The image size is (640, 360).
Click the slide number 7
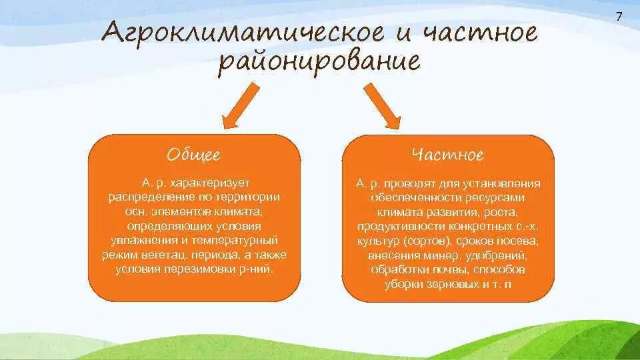click(x=618, y=17)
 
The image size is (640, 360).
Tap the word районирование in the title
click(x=320, y=63)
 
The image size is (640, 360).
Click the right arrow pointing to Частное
click(x=383, y=107)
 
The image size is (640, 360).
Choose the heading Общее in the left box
click(x=194, y=155)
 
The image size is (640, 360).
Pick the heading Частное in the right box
click(x=447, y=155)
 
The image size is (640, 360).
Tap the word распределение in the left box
click(x=144, y=197)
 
